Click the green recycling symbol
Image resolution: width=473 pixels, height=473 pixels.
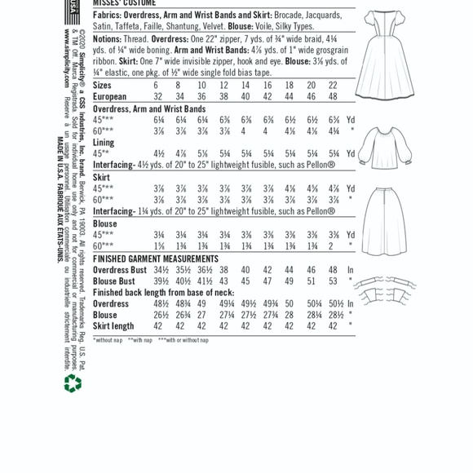click(x=73, y=382)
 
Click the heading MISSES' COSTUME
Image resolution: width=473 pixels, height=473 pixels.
click(x=123, y=3)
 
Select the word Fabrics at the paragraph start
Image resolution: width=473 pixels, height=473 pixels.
click(x=105, y=15)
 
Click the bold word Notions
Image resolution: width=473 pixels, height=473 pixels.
click(x=107, y=38)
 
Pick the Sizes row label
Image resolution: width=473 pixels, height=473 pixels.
click(x=102, y=85)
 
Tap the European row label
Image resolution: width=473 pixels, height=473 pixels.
click(x=110, y=96)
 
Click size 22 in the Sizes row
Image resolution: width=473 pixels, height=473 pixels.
click(x=333, y=85)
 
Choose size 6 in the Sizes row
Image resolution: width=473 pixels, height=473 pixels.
click(x=156, y=85)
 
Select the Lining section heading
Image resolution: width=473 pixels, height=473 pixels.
click(x=104, y=142)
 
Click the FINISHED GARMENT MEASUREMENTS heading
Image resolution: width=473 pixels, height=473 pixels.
click(x=155, y=259)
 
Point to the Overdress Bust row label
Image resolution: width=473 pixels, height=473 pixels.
click(x=119, y=270)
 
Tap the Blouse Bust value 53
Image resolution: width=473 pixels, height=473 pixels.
click(x=333, y=281)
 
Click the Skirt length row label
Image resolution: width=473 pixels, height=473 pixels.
click(x=113, y=326)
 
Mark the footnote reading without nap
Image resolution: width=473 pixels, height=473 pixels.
click(x=106, y=340)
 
